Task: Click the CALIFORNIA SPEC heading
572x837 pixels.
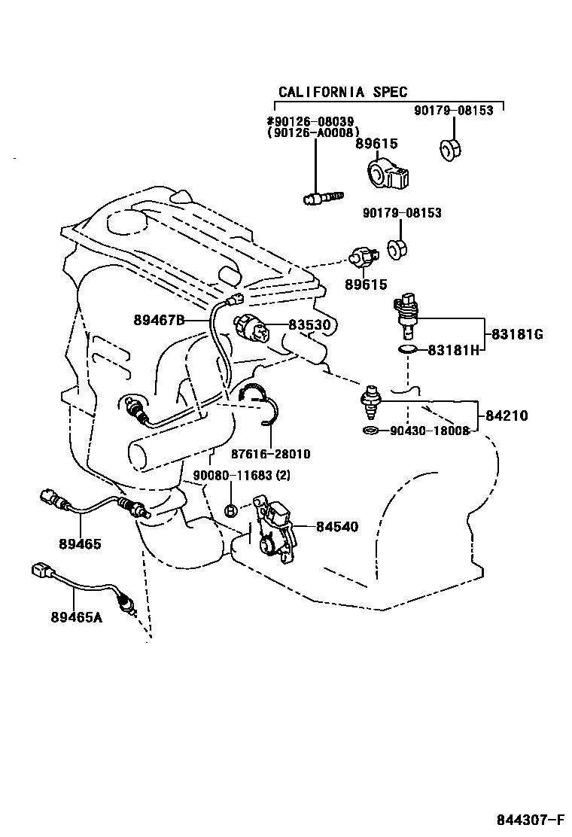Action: [x=342, y=92]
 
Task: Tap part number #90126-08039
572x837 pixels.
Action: [x=311, y=121]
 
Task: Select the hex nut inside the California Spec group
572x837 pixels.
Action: [x=449, y=151]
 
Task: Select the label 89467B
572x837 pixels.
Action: [x=159, y=320]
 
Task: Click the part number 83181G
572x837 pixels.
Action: [x=516, y=334]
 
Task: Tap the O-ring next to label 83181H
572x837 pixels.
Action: [x=406, y=350]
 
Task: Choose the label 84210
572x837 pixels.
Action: [x=506, y=415]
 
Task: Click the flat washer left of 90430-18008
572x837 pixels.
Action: [x=370, y=431]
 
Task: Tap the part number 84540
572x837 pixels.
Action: [x=336, y=527]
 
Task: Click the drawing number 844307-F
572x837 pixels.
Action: [x=529, y=819]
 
